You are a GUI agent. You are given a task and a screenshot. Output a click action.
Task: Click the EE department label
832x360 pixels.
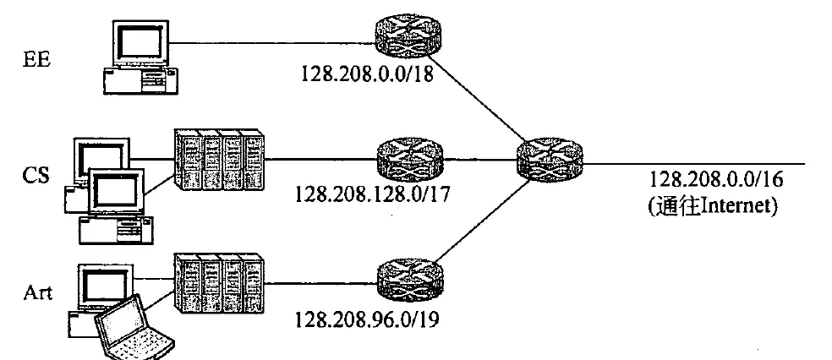(x=36, y=59)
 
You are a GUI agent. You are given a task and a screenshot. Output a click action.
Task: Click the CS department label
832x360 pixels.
(x=36, y=175)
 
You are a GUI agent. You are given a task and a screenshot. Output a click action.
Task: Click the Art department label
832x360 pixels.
(x=38, y=292)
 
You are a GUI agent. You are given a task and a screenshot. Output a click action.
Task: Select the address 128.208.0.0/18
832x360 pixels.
(x=367, y=74)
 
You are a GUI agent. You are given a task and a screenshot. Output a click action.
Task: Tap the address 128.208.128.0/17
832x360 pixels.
(x=372, y=194)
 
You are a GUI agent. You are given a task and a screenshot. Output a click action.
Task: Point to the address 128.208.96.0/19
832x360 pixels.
(x=367, y=319)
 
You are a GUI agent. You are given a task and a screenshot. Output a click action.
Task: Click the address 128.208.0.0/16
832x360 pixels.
(x=716, y=179)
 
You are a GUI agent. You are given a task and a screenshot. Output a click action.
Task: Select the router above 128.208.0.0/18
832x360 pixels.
(x=408, y=35)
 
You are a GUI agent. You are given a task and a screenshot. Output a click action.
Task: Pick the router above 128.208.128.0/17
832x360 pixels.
(x=409, y=159)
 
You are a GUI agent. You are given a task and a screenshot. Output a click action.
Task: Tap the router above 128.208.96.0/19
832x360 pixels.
(x=409, y=280)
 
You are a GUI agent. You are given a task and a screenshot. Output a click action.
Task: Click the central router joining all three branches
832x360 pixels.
(x=550, y=160)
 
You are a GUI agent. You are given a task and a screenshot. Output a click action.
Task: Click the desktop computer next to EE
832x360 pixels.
(x=140, y=57)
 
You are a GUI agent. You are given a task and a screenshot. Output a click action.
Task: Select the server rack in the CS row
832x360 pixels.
(x=220, y=160)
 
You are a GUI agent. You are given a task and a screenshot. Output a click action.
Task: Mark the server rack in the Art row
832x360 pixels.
(x=220, y=284)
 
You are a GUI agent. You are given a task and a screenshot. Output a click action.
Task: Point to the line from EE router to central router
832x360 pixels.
(x=478, y=97)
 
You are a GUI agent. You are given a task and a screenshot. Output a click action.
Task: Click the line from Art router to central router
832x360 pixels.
(x=483, y=220)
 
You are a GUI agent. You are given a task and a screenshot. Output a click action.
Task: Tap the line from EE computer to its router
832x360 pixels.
(x=272, y=43)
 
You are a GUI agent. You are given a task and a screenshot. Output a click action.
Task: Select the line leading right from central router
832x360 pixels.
(x=694, y=164)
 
